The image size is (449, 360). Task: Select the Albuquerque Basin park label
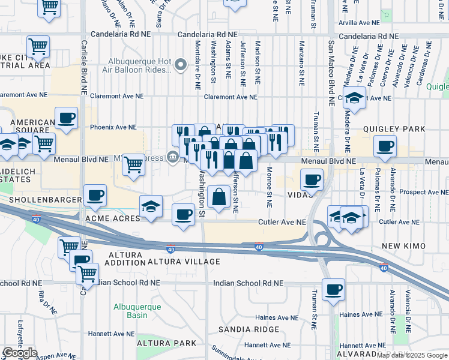137,311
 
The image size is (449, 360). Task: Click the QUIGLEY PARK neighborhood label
394,129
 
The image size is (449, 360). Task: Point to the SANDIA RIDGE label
249,329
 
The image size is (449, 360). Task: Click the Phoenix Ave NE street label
113,127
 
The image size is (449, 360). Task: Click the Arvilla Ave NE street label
359,22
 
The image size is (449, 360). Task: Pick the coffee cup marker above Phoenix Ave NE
66,118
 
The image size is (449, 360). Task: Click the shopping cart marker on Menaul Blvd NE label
133,164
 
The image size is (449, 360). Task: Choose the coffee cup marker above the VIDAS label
312,179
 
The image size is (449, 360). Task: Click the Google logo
20,353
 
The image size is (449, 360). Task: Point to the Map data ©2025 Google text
412,355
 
